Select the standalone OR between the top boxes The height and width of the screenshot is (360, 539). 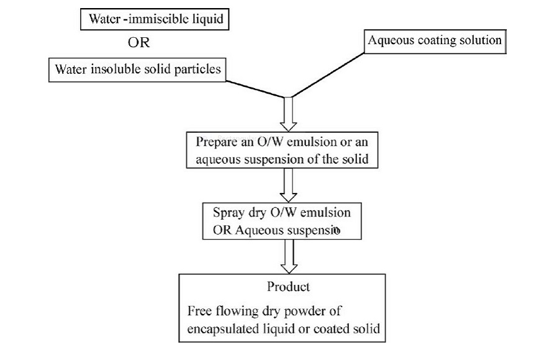pos(139,44)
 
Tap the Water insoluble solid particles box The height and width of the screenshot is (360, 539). pos(137,69)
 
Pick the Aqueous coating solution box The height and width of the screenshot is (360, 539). pos(434,41)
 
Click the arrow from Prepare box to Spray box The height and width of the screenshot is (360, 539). pos(288,184)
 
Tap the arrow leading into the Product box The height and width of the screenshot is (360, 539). pos(288,255)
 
